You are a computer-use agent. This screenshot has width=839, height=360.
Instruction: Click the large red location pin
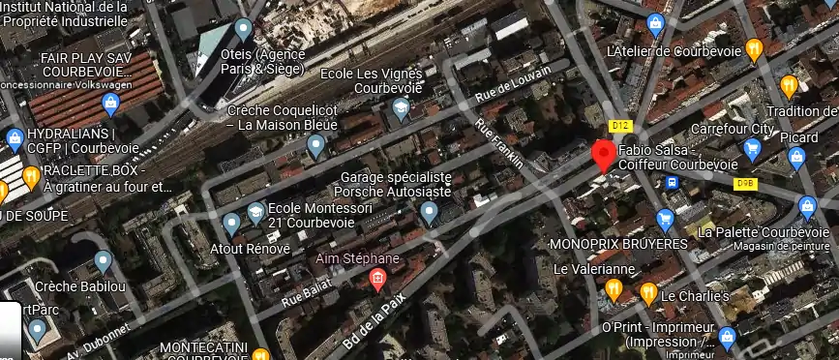click(x=604, y=154)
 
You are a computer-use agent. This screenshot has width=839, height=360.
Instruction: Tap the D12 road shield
click(x=620, y=127)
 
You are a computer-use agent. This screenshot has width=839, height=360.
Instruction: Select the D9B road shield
click(x=744, y=182)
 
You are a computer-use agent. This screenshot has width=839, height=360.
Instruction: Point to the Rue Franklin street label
click(x=499, y=144)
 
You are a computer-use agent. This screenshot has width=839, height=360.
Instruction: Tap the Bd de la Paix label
click(x=373, y=324)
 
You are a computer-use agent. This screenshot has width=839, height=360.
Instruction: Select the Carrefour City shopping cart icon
click(x=752, y=148)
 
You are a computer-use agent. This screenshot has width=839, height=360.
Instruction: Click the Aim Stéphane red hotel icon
click(x=376, y=281)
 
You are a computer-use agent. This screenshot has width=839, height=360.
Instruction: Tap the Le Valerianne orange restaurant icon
click(x=614, y=288)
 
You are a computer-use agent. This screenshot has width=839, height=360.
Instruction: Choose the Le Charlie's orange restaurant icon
click(x=648, y=293)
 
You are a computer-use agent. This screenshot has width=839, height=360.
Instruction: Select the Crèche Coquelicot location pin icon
click(x=315, y=146)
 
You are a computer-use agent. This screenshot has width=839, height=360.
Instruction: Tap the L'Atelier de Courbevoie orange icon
click(x=755, y=48)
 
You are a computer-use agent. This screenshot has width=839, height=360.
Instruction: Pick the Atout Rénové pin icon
click(x=231, y=224)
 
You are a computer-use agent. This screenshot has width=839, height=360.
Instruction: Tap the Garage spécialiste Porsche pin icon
click(x=430, y=212)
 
